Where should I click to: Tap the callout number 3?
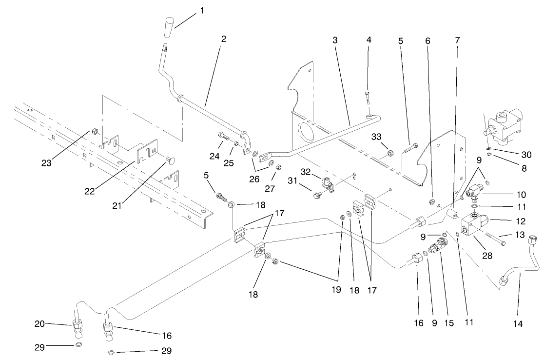coord(335,40)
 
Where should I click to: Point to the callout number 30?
coord(526,155)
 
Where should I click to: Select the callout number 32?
coord(306,172)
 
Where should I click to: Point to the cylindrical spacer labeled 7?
coord(453,215)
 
